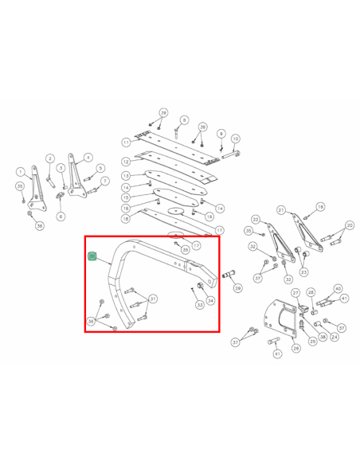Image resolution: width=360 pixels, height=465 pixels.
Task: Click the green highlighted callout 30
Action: pyautogui.click(x=92, y=256)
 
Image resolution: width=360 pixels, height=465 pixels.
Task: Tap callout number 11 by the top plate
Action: pyautogui.click(x=126, y=143)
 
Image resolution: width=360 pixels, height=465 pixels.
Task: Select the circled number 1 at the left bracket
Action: pyautogui.click(x=20, y=171)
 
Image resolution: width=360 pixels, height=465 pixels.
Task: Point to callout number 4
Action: pyautogui.click(x=88, y=158)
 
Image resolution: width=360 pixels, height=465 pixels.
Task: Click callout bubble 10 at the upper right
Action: pyautogui.click(x=235, y=139)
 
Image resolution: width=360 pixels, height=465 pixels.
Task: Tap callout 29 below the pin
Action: pyautogui.click(x=237, y=288)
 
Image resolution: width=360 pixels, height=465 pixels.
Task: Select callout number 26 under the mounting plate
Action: pyautogui.click(x=295, y=348)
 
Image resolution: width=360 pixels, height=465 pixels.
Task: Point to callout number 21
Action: pyautogui.click(x=281, y=209)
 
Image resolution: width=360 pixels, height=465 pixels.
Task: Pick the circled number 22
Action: pyautogui.click(x=256, y=219)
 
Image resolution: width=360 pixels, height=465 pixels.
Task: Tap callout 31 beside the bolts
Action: pyautogui.click(x=153, y=299)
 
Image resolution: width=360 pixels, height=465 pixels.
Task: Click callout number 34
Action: pyautogui.click(x=211, y=300)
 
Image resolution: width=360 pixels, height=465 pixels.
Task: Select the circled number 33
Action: pyautogui.click(x=199, y=303)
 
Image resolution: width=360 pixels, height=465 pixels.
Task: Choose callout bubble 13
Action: pyautogui.click(x=126, y=175)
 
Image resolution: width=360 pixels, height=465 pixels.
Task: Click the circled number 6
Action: pyautogui.click(x=61, y=216)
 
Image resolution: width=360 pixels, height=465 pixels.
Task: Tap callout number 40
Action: pyautogui.click(x=338, y=288)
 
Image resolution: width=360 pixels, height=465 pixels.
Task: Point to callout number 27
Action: pyautogui.click(x=295, y=294)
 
